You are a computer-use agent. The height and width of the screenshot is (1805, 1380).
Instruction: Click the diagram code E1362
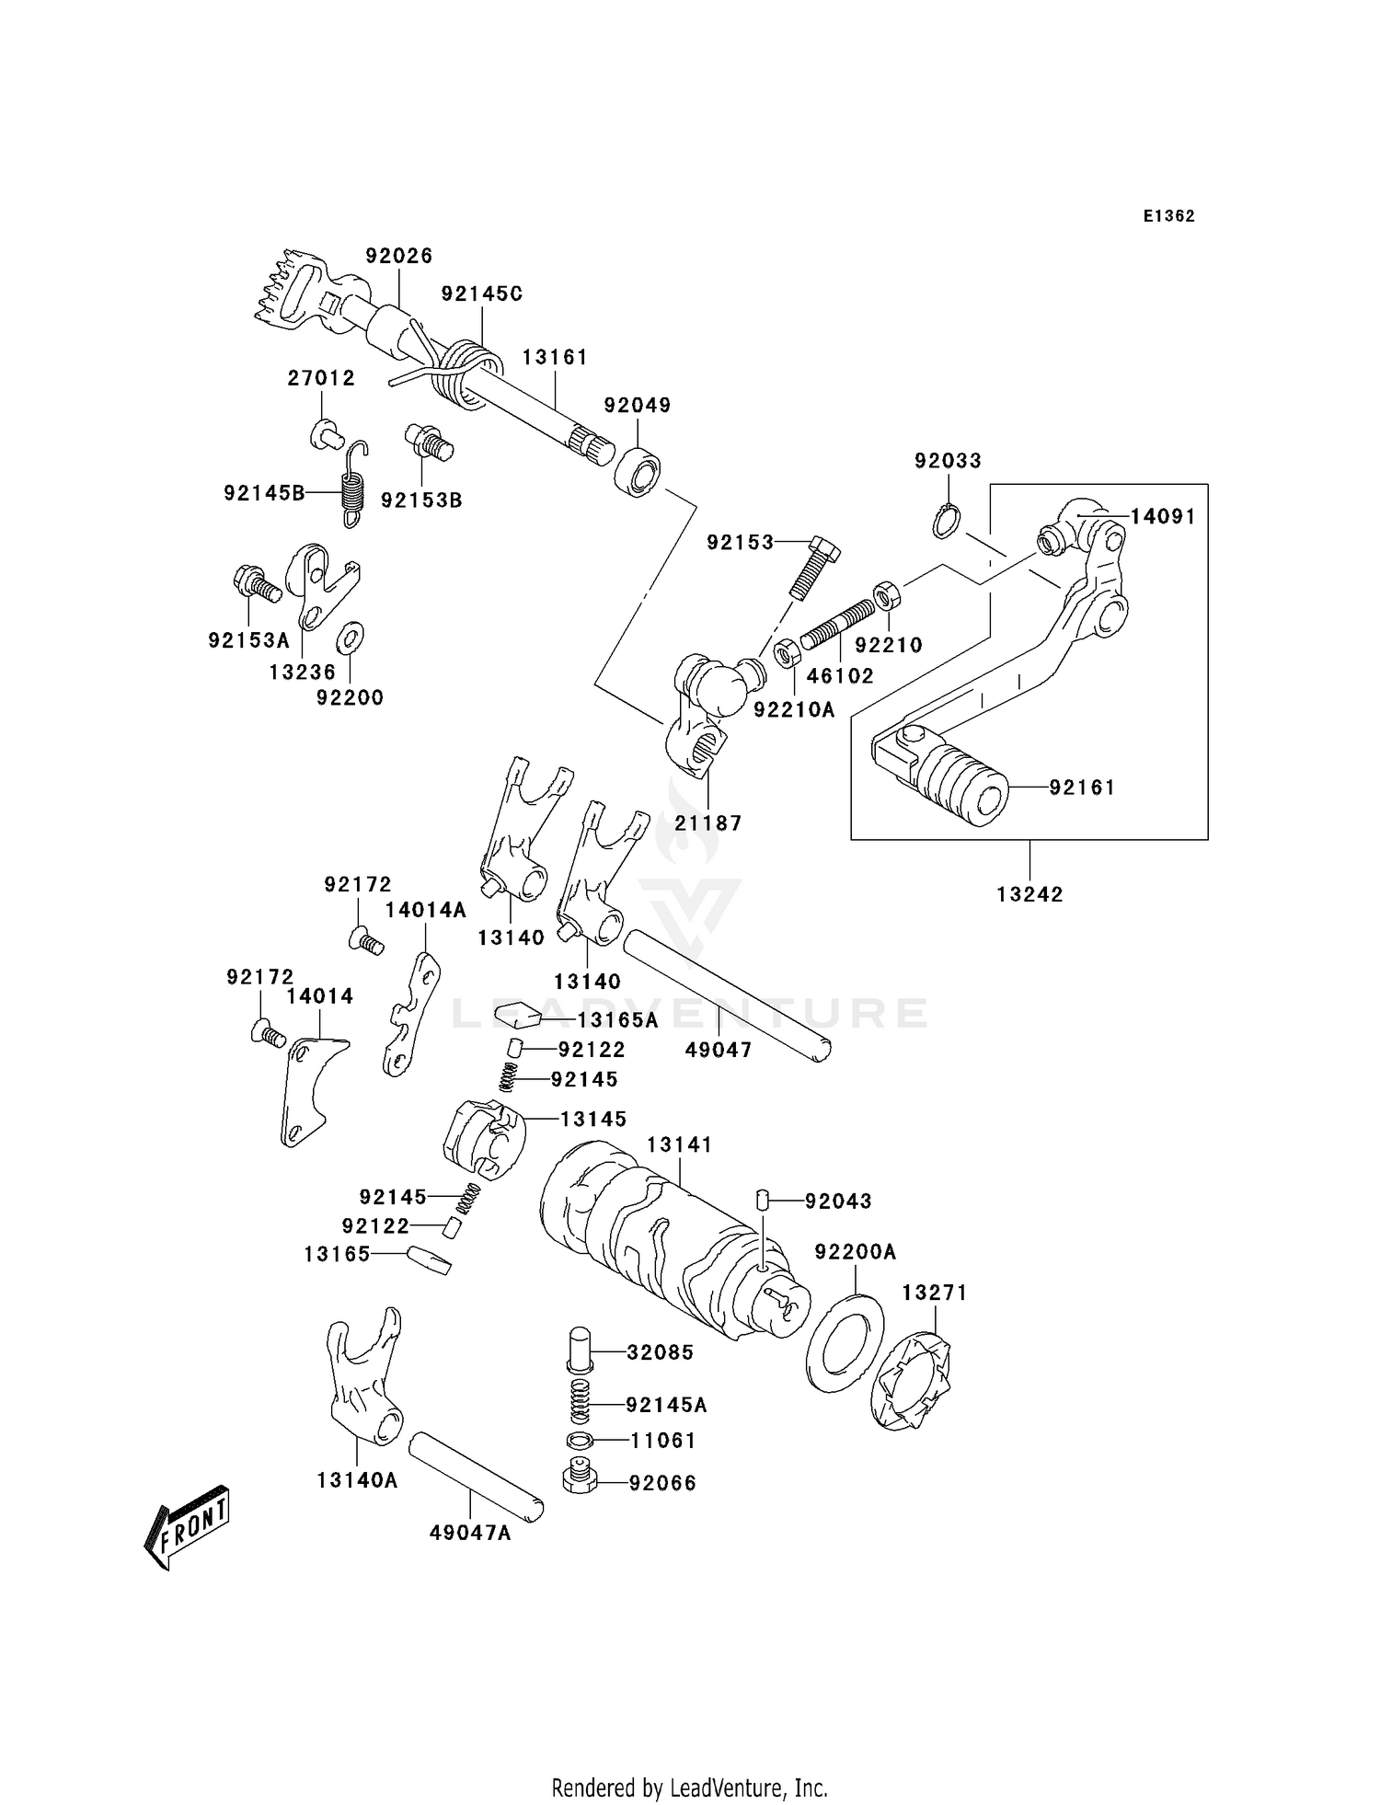point(1169,216)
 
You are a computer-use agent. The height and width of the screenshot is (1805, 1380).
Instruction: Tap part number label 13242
point(1029,894)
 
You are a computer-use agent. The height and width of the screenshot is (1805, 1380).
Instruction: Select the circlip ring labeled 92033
point(945,521)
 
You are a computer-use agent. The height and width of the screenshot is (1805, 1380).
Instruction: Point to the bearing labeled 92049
point(638,471)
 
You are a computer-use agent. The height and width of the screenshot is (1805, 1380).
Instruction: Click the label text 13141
point(679,1144)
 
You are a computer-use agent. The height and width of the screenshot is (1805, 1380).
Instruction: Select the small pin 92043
point(762,1199)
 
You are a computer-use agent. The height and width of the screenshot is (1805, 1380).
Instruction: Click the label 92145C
point(481,294)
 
